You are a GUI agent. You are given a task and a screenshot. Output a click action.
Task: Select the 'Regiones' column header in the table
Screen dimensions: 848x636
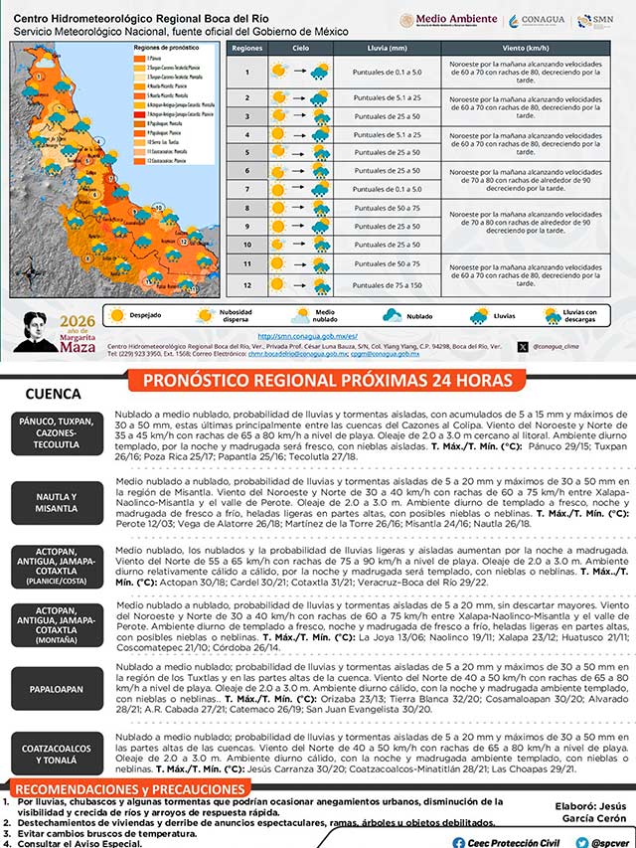coord(246,48)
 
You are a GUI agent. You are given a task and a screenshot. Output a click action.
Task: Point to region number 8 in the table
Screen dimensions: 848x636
coord(246,209)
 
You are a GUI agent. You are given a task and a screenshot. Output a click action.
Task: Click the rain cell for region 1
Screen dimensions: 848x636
coord(381,72)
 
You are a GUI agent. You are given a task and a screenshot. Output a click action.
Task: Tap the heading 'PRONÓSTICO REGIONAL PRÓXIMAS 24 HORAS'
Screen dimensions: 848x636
coord(328,381)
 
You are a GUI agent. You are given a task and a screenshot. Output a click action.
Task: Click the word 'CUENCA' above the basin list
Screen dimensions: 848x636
coord(53,394)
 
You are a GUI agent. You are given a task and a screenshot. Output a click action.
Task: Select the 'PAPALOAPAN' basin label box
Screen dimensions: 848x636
coord(56,688)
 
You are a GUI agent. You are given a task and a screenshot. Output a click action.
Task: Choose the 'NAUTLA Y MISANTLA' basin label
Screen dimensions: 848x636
coord(56,502)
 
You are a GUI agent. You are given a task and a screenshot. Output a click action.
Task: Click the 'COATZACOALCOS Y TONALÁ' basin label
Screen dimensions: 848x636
coord(56,755)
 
